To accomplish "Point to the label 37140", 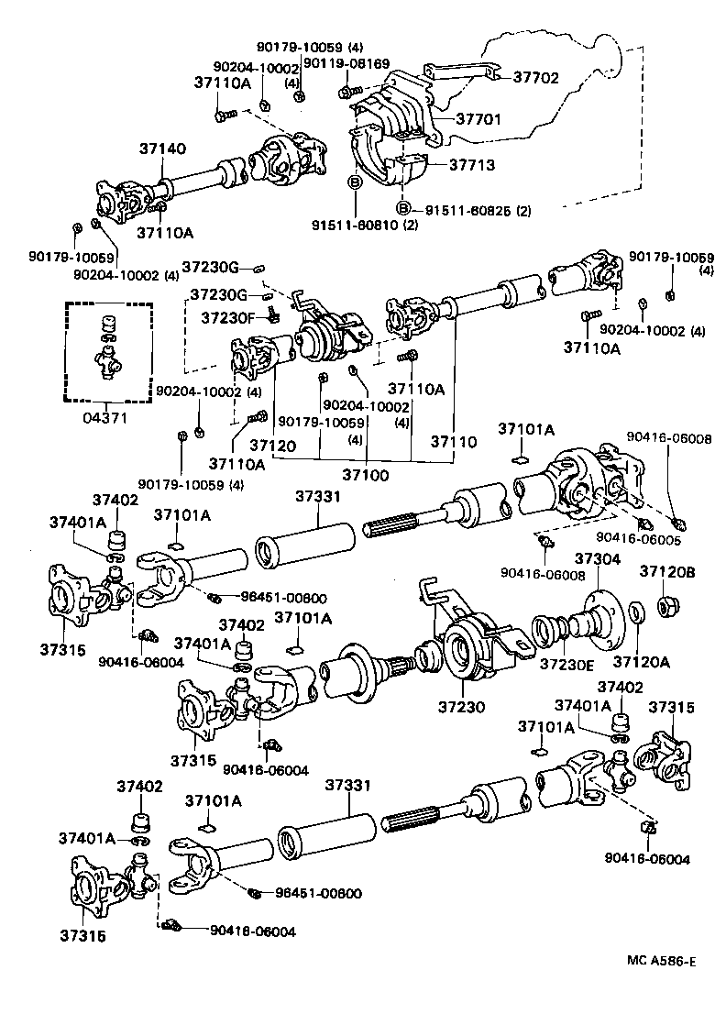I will (x=162, y=149).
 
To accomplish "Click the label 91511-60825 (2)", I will (x=476, y=211).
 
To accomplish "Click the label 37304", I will (x=598, y=558).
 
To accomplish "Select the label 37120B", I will (x=667, y=571).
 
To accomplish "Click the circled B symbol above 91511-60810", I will (x=354, y=183).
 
